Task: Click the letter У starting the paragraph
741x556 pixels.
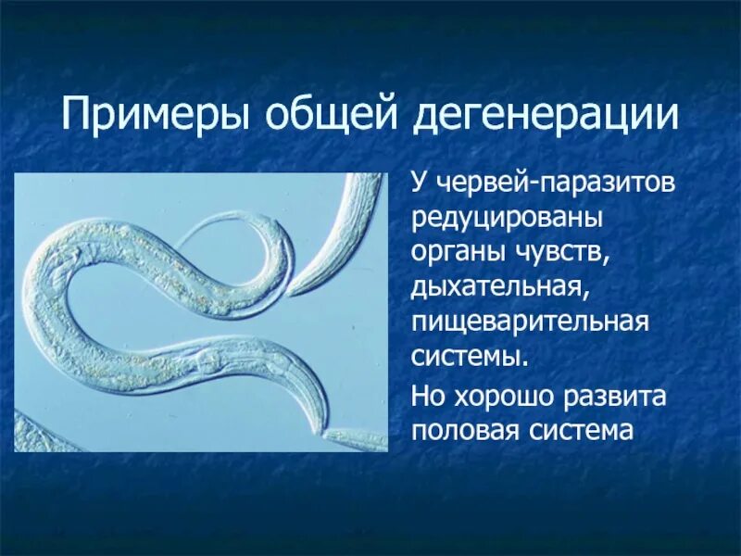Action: [420, 183]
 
